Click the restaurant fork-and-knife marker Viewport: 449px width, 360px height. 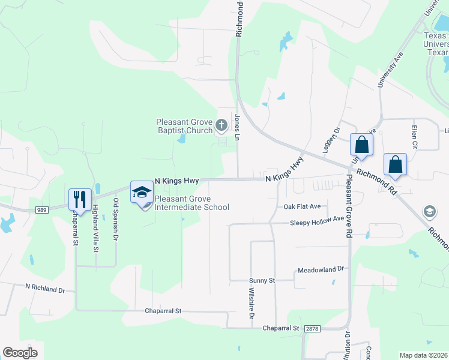tap(80, 198)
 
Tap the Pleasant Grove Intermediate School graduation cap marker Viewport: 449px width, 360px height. tap(142, 192)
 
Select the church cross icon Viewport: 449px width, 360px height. tap(221, 125)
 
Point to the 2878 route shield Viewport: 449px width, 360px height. tap(310, 329)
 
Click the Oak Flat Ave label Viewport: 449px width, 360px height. tap(302, 206)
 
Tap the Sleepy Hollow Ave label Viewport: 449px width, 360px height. tap(317, 221)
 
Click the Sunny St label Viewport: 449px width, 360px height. tap(262, 280)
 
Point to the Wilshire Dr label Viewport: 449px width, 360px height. tap(252, 304)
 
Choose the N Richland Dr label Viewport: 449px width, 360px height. tap(44, 289)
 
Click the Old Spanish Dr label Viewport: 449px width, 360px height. tap(115, 220)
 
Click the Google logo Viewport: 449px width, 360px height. tap(20, 353)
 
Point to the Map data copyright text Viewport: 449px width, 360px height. tap(423, 355)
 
